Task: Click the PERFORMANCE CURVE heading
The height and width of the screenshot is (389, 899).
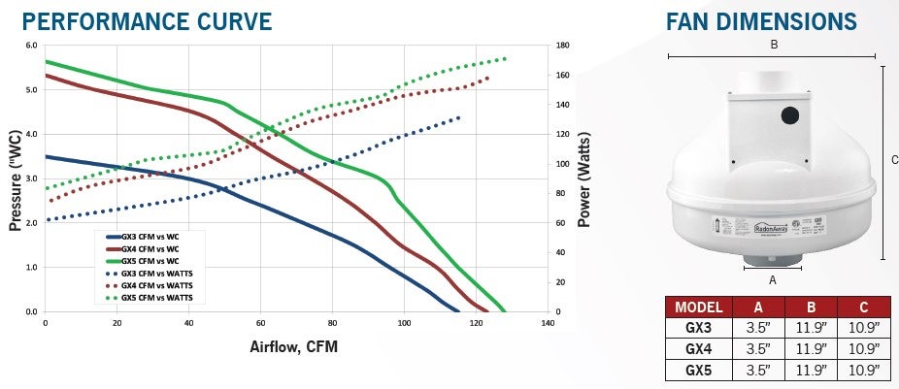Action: coord(138,20)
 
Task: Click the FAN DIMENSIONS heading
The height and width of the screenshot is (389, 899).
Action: coord(761,22)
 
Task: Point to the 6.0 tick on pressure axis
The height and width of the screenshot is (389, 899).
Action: coord(30,46)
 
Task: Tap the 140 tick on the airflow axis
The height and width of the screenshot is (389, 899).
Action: coord(548,322)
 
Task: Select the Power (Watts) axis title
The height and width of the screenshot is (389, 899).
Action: coord(584,178)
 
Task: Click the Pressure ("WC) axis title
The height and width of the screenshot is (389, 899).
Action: coord(16,178)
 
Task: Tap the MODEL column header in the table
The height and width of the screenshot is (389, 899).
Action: coord(697,308)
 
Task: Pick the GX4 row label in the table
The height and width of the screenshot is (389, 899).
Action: coord(697,348)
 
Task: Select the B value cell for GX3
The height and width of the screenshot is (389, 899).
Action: coord(812,328)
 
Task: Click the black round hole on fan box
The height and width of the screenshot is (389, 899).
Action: coord(789,115)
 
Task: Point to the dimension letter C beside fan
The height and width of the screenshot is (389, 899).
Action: coord(894,160)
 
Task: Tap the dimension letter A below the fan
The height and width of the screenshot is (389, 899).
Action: coord(773,279)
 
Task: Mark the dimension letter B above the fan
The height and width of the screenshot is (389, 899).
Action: coord(774,44)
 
